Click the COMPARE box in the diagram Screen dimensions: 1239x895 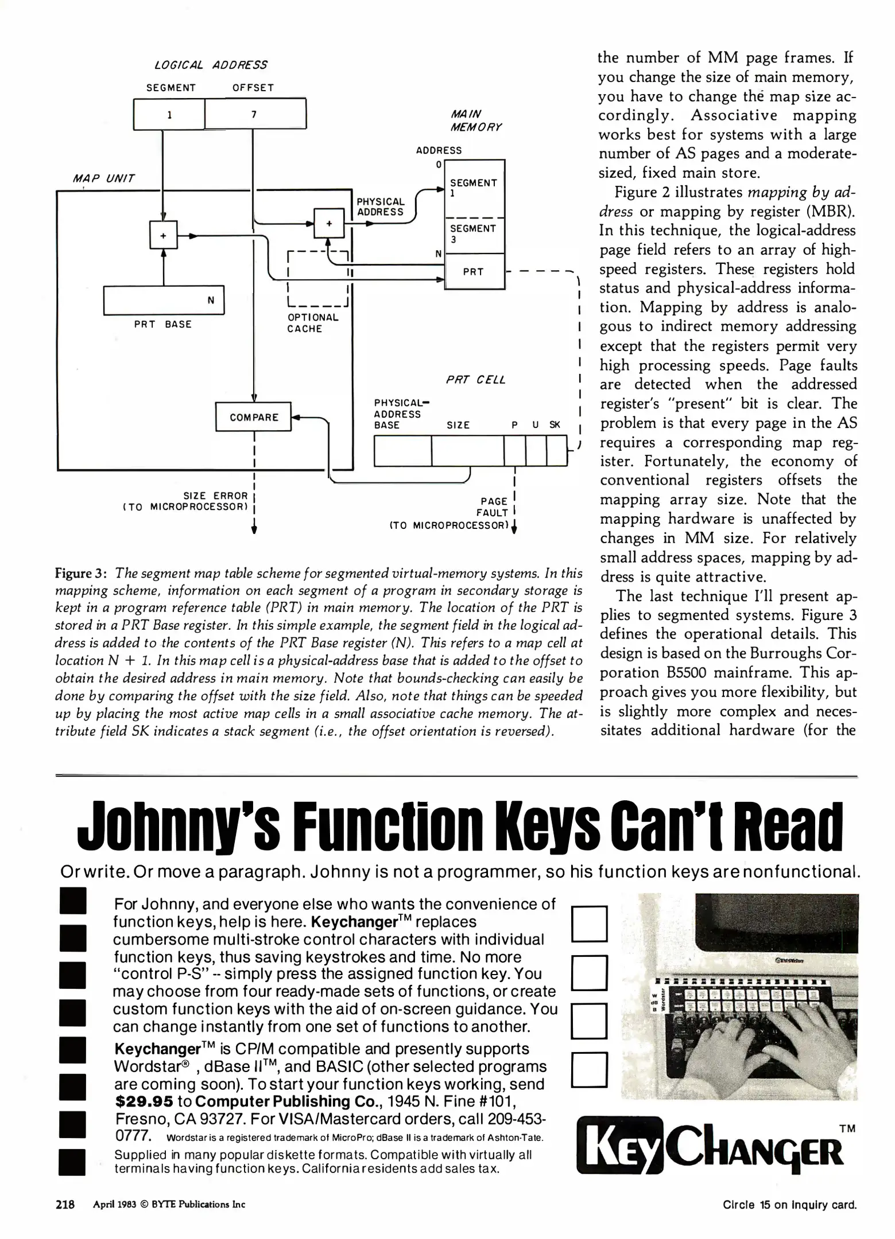pyautogui.click(x=254, y=417)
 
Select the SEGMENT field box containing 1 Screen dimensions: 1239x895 pyautogui.click(x=169, y=114)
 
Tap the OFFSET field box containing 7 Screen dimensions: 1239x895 pyautogui.click(x=255, y=114)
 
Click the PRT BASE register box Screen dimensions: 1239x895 pyautogui.click(x=164, y=301)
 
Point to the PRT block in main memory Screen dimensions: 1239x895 pyautogui.click(x=474, y=272)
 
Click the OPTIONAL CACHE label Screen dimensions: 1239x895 pyautogui.click(x=312, y=323)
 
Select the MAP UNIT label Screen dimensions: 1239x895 pyautogui.click(x=104, y=178)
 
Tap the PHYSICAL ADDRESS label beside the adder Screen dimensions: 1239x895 pyautogui.click(x=381, y=206)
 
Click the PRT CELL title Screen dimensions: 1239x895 pyautogui.click(x=476, y=380)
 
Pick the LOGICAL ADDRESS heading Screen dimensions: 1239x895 pyautogui.click(x=211, y=65)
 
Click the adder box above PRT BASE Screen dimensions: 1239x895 pyautogui.click(x=164, y=235)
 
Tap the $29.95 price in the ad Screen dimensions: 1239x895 pyautogui.click(x=144, y=1101)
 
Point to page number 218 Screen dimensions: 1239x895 pyautogui.click(x=65, y=1205)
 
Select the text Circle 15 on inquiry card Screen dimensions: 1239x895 pyautogui.click(x=789, y=1205)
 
